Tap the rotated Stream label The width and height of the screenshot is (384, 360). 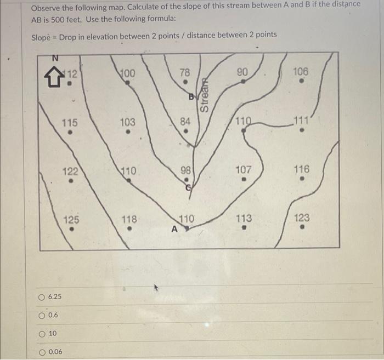pyautogui.click(x=205, y=95)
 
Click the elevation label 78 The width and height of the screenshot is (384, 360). pyautogui.click(x=185, y=72)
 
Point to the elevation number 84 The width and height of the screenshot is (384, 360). pyautogui.click(x=186, y=121)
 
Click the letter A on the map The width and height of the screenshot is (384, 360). pyautogui.click(x=174, y=230)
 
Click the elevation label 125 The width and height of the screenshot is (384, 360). pyautogui.click(x=71, y=220)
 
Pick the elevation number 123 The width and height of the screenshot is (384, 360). pyautogui.click(x=302, y=218)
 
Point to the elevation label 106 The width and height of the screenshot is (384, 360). pyautogui.click(x=301, y=72)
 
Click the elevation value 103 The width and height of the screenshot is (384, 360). pyautogui.click(x=127, y=122)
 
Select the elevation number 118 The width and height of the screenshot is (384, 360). pyautogui.click(x=128, y=219)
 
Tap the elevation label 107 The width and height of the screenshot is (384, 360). pyautogui.click(x=244, y=170)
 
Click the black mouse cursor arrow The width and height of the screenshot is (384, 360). pyautogui.click(x=157, y=287)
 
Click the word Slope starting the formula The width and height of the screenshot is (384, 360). pyautogui.click(x=43, y=36)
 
